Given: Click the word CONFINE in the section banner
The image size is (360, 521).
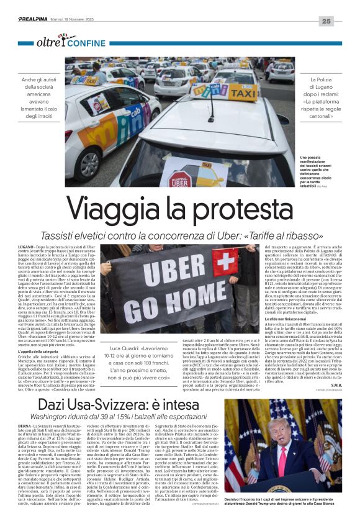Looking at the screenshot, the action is click(x=86, y=43).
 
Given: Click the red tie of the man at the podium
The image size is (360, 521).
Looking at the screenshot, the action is click(x=292, y=458).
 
